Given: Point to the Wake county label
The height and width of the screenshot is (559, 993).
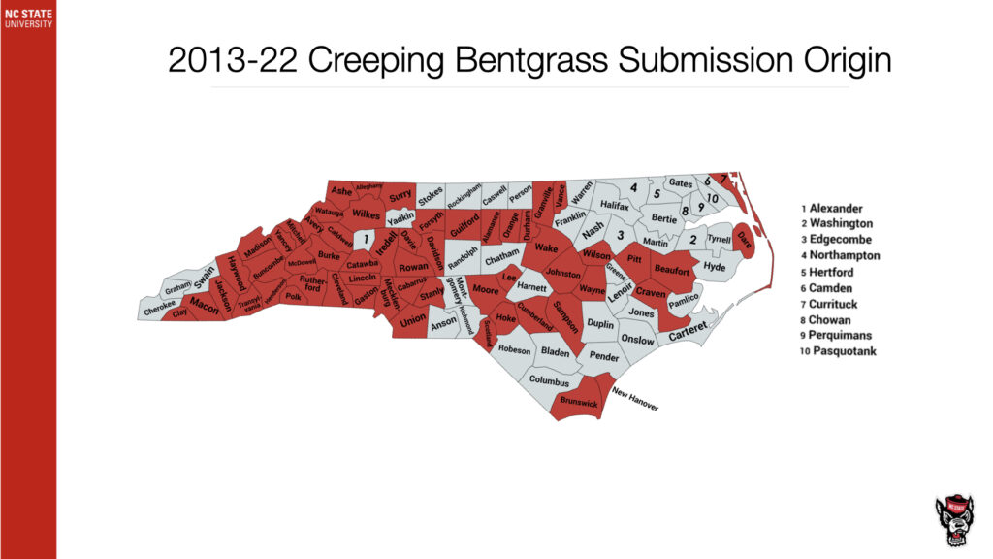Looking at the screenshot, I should (546, 248).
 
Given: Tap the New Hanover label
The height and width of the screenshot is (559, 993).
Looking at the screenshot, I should (635, 399).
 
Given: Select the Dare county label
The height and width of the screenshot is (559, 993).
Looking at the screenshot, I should (743, 238).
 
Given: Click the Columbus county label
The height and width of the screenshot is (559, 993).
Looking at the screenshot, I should (549, 381).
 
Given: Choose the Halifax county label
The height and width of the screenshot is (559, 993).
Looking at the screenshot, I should (614, 206).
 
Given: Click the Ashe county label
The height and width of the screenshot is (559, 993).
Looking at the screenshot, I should (340, 192).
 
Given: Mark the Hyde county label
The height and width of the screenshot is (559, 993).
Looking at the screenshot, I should (714, 267).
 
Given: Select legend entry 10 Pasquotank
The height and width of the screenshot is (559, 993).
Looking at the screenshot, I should (838, 350).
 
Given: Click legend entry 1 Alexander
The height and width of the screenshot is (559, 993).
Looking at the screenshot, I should (831, 208).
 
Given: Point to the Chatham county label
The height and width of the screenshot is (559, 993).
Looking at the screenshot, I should (502, 259).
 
